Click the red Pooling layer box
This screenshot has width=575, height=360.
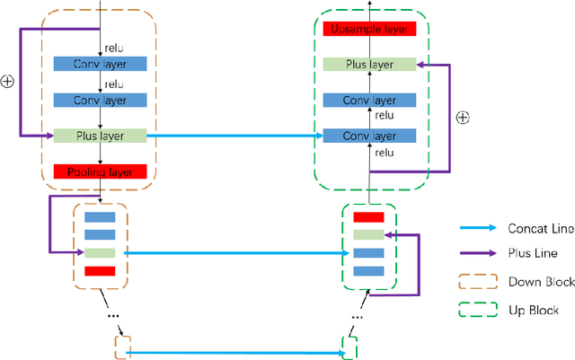click(99, 171)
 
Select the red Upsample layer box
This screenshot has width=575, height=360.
click(369, 29)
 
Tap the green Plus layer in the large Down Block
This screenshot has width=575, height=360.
click(99, 136)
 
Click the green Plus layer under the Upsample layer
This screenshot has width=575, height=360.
click(369, 65)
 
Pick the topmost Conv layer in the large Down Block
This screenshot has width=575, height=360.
click(99, 64)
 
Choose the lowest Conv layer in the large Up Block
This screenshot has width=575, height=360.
click(369, 136)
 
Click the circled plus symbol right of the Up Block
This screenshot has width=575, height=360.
click(464, 117)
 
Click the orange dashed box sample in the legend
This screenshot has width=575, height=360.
click(478, 282)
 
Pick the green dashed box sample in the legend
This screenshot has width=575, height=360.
click(478, 310)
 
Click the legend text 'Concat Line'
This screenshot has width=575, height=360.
click(540, 229)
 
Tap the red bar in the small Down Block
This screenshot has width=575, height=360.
click(99, 270)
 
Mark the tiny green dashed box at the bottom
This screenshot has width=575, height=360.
click(349, 346)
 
